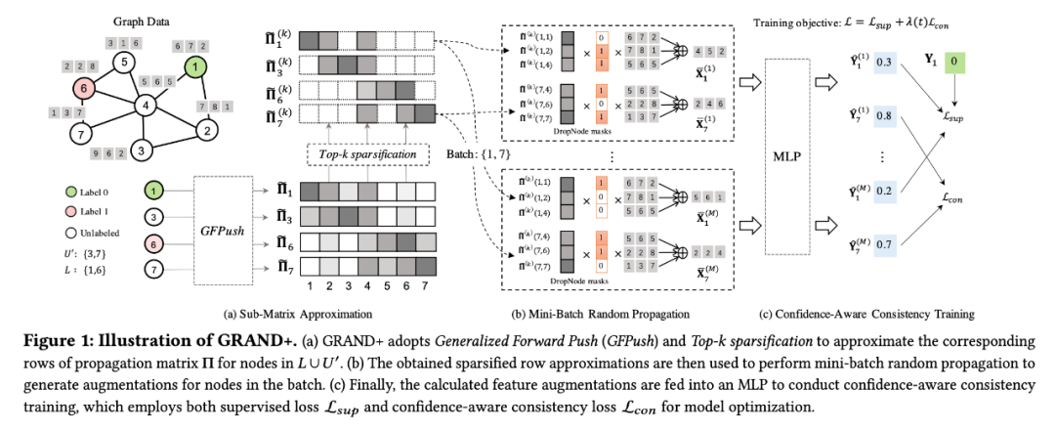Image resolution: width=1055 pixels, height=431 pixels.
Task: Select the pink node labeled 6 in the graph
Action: [x=85, y=87]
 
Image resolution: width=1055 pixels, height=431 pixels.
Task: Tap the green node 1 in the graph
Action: [x=197, y=67]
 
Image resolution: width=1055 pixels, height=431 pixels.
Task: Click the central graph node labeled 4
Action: [x=145, y=105]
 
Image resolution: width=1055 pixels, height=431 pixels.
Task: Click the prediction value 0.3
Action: [x=885, y=62]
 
